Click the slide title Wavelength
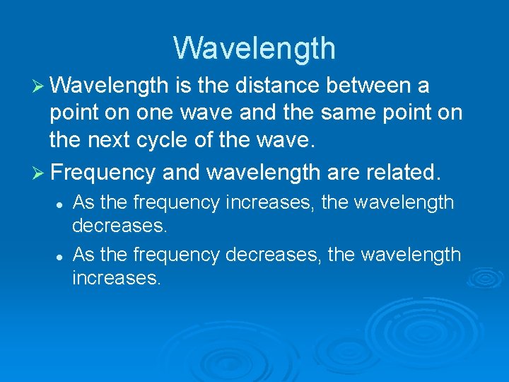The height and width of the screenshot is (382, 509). click(x=255, y=49)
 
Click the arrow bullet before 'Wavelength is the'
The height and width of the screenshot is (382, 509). click(x=40, y=86)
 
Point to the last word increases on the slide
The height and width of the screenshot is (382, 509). click(x=117, y=278)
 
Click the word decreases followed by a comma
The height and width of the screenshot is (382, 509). click(x=273, y=254)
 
